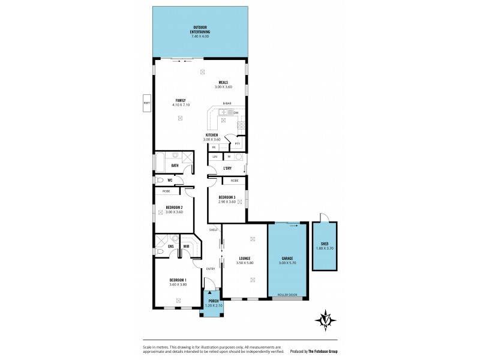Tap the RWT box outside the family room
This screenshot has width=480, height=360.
click(146, 103)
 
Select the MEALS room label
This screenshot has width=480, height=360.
click(223, 82)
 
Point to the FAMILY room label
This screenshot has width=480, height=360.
click(180, 100)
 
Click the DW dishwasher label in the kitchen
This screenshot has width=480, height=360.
click(236, 113)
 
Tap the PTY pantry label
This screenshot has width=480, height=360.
click(238, 143)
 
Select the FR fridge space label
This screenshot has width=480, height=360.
click(213, 147)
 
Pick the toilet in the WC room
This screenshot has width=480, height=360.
click(160, 179)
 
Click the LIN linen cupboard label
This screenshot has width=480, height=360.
click(214, 157)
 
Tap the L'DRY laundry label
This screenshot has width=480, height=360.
click(227, 168)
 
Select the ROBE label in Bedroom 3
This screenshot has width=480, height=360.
click(235, 180)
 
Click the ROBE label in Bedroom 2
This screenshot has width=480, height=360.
click(165, 191)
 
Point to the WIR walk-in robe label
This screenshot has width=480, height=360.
click(187, 245)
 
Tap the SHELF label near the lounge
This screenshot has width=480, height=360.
click(212, 230)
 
